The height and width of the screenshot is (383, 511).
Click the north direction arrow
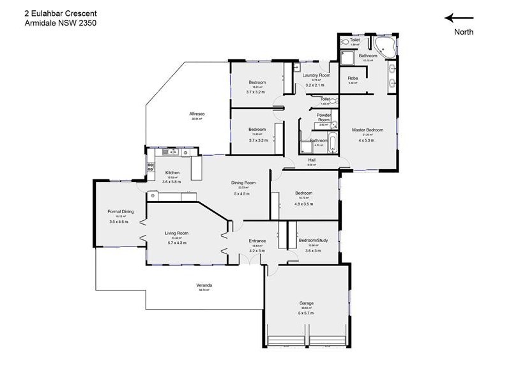coord(459,19)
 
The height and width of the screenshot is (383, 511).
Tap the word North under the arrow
coord(464,33)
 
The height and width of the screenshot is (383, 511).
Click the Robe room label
coord(353,79)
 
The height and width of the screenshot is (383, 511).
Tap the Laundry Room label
coord(317,75)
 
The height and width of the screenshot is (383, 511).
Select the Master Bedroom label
coord(367,130)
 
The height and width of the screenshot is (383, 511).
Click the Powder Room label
coord(324,117)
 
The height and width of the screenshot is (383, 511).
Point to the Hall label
coord(312,160)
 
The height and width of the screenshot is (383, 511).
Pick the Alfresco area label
coord(197,114)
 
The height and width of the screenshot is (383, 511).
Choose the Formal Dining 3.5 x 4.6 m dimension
coord(119,222)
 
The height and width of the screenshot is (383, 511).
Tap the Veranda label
coord(204,285)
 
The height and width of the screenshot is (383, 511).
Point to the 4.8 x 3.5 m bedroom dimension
coord(303,204)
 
